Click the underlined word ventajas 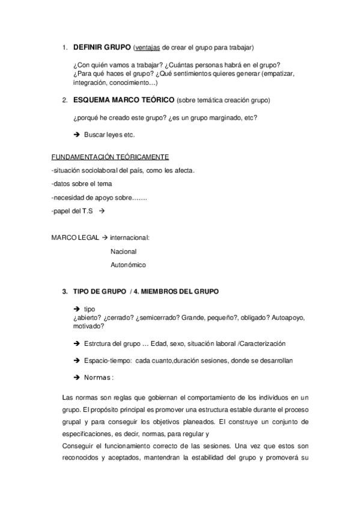coord(148,47)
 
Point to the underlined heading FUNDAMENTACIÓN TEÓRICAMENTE coord(105,157)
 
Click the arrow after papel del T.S coord(102,210)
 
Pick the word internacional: coord(130,237)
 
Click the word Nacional coord(124,251)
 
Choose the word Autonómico coord(128,265)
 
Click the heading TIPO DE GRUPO coord(99,291)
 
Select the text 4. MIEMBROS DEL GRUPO coord(178,291)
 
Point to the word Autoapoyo coord(291,316)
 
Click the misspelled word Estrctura coord(100,343)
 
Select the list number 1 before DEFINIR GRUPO coord(65,47)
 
